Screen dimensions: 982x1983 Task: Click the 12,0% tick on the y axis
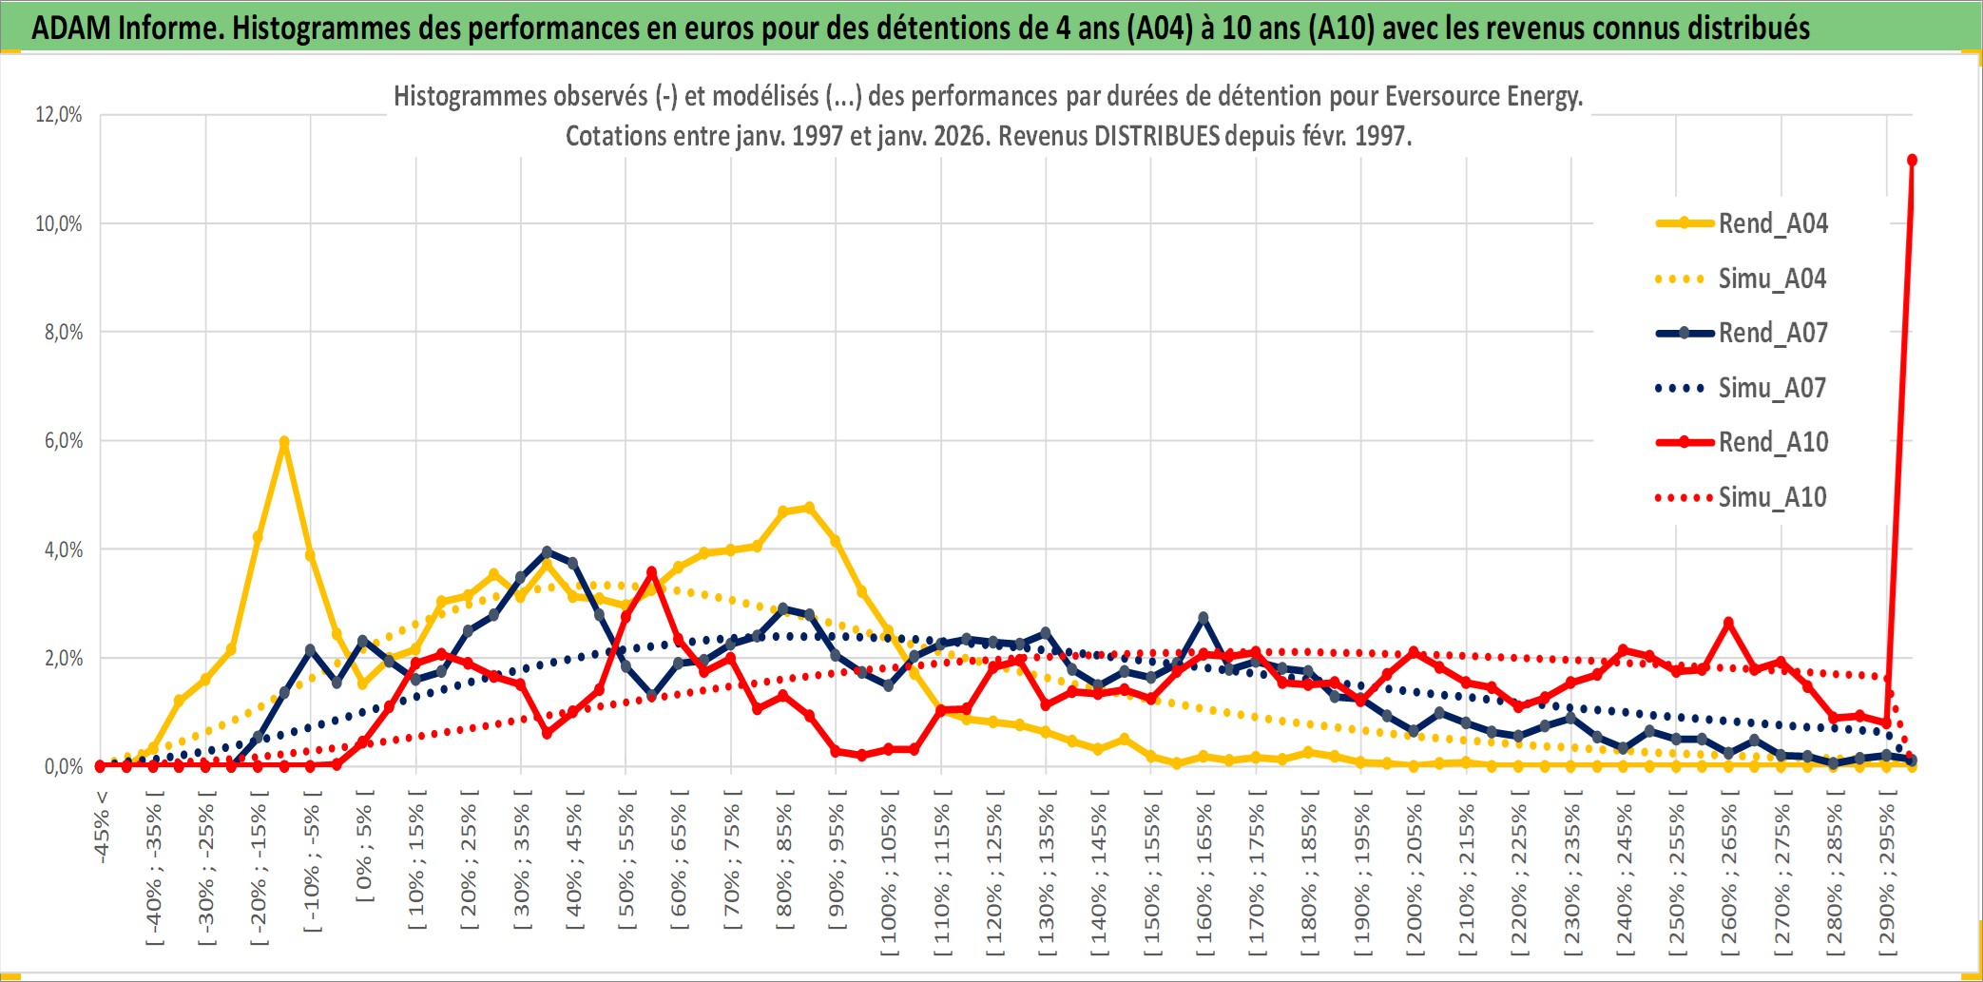point(59,115)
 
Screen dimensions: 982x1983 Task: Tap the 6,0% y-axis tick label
point(63,441)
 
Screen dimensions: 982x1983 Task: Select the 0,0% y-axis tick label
point(63,767)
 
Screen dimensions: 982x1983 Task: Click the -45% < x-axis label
point(102,827)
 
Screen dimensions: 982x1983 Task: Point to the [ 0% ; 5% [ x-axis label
point(365,845)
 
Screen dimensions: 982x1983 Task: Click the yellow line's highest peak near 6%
point(283,442)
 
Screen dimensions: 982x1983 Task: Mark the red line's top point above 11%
point(1912,160)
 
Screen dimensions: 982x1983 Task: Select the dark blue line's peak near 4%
point(547,551)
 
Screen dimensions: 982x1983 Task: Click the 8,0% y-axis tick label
point(63,333)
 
